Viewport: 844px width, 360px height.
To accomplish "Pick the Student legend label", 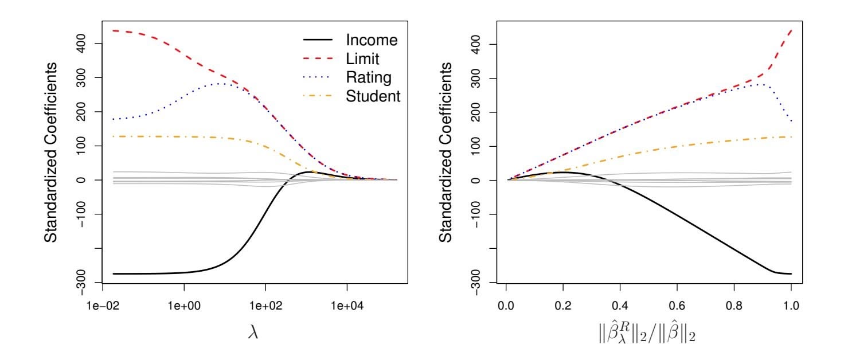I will [x=373, y=97].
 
